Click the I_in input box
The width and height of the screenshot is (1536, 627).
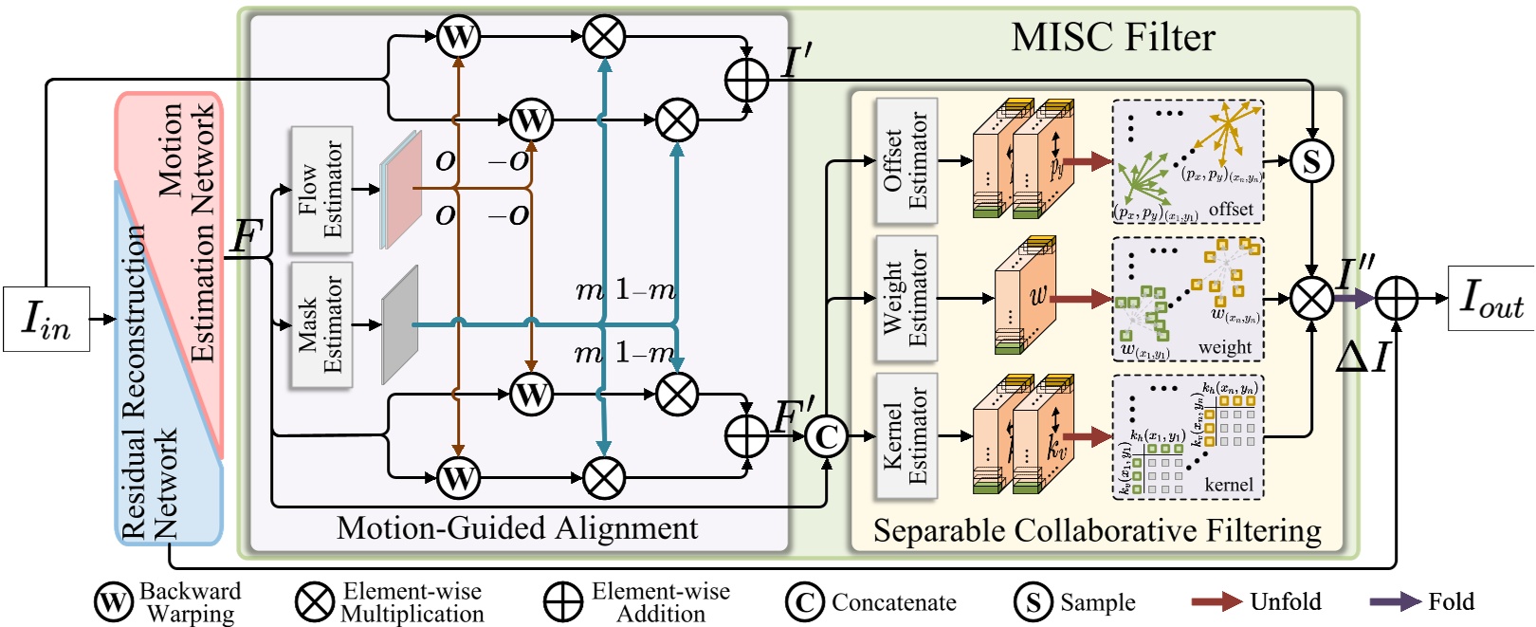click(46, 319)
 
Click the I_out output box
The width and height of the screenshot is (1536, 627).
click(1490, 298)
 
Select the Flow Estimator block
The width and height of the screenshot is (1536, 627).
click(320, 190)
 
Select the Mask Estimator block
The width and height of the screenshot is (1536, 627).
click(320, 325)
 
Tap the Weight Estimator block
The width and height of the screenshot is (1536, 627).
click(905, 298)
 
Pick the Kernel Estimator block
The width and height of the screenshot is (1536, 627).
click(905, 435)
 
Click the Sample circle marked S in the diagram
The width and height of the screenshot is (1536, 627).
click(1311, 161)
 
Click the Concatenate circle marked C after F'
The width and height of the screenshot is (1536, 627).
click(827, 436)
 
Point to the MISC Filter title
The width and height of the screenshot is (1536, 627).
click(1112, 38)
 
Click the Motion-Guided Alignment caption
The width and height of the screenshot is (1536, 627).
click(517, 528)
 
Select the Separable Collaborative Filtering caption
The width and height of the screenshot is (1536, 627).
click(1097, 531)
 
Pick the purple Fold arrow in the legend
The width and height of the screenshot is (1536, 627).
click(1395, 601)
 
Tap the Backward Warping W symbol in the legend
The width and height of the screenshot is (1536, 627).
click(113, 602)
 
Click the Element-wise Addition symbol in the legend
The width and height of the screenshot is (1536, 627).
click(562, 602)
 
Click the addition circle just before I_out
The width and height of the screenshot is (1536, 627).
click(1396, 298)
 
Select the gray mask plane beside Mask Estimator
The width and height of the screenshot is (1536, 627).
click(399, 325)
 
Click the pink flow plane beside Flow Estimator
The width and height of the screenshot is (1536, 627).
click(402, 190)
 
